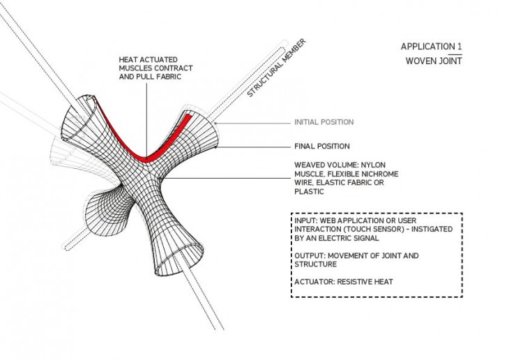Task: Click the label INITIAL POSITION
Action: (324, 122)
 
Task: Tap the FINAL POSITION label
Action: (322, 147)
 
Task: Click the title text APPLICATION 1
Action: (431, 47)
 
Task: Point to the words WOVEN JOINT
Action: (434, 61)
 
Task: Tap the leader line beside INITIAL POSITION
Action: (254, 123)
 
